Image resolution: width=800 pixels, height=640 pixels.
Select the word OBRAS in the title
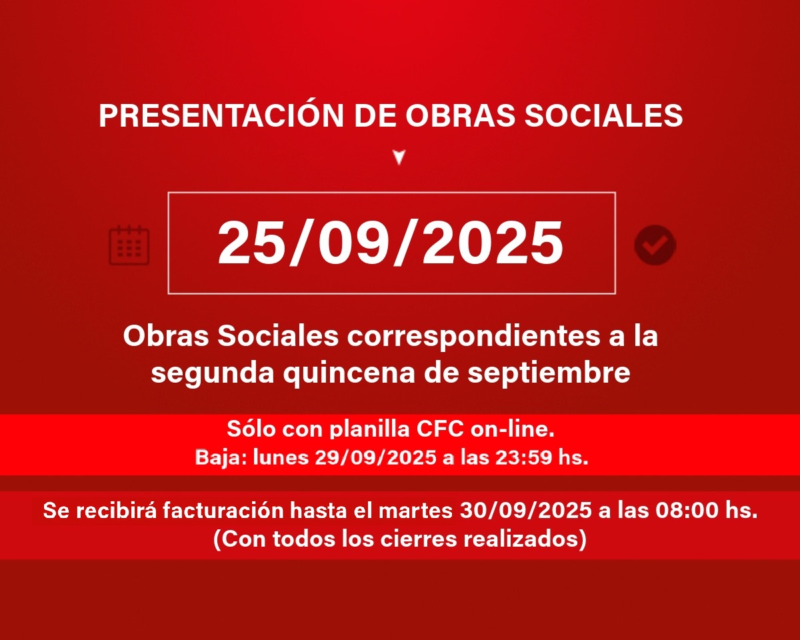click(x=460, y=115)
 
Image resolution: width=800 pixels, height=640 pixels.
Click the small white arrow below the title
click(x=399, y=157)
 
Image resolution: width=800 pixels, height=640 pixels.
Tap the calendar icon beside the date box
click(x=129, y=245)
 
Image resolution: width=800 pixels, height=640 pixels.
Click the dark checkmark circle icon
click(x=655, y=245)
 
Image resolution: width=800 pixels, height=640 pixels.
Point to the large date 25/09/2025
click(x=391, y=243)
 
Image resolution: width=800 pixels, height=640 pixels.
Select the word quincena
click(x=349, y=375)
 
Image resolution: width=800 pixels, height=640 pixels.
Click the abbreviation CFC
click(x=440, y=429)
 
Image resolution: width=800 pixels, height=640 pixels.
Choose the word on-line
click(x=513, y=429)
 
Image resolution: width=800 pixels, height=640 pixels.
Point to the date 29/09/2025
click(x=375, y=457)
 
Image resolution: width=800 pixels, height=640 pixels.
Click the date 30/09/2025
click(x=525, y=511)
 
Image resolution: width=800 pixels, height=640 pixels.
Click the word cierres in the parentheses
click(x=419, y=539)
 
